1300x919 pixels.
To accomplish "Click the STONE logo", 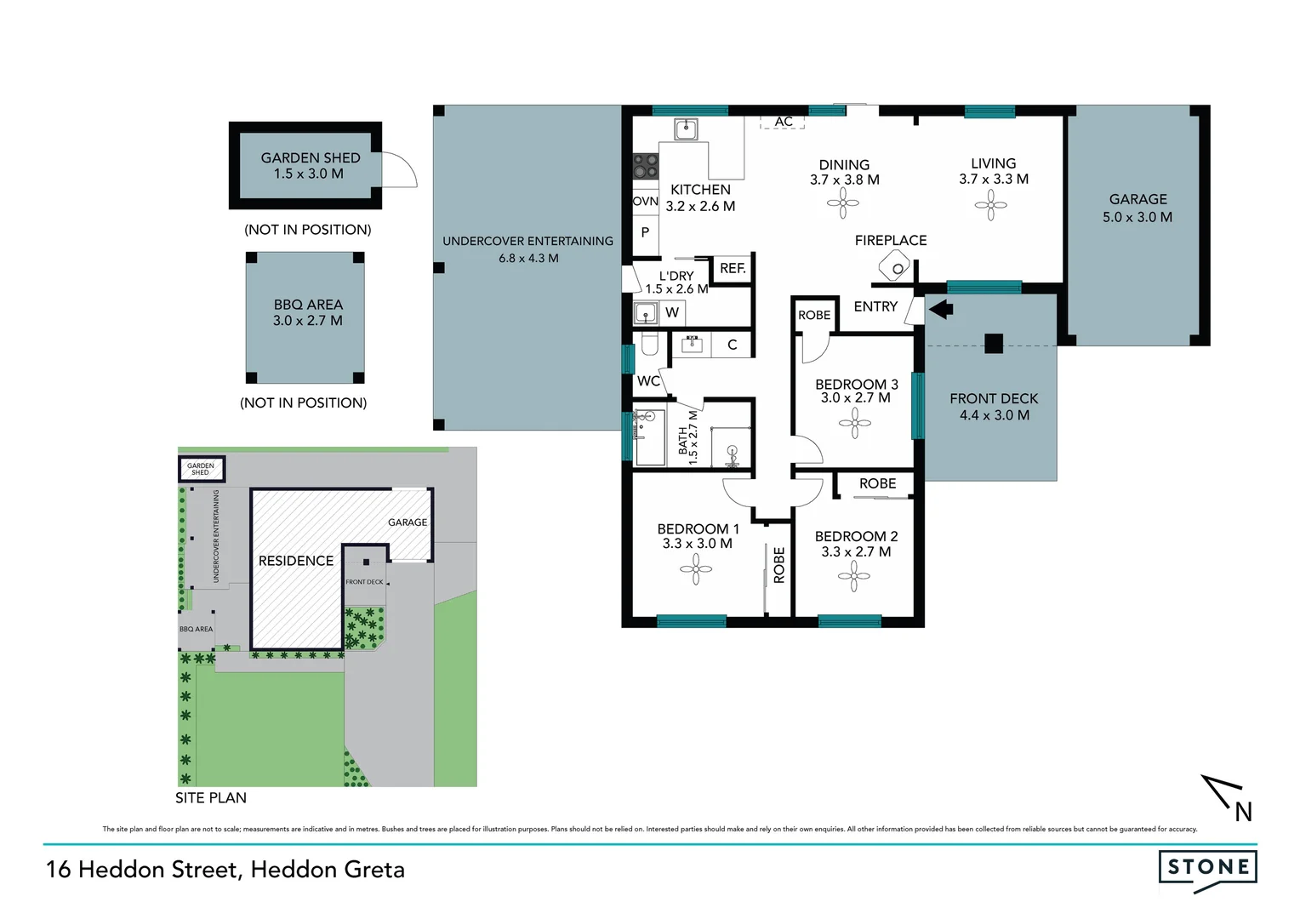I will tap(1207, 868).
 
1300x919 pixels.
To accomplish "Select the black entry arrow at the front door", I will tap(940, 308).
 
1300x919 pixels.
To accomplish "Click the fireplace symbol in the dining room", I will tap(895, 270).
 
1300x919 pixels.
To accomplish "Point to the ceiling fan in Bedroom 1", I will tap(696, 569).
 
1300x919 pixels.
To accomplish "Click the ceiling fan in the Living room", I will tap(991, 204).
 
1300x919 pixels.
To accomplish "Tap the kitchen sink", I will tap(686, 129).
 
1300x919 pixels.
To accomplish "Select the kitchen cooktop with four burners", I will tap(645, 165).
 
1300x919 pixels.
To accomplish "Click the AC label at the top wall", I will tap(784, 122).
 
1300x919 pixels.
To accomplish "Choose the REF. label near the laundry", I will tap(733, 268).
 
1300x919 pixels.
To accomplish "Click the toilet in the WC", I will tap(649, 344).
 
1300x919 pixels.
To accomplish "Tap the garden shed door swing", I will tap(400, 170).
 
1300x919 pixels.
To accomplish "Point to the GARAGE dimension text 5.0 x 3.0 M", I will tap(1137, 217).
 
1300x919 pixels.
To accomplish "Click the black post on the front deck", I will tap(994, 344).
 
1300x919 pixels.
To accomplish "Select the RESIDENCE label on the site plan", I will tap(296, 561).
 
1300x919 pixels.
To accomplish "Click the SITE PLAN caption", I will tap(211, 797).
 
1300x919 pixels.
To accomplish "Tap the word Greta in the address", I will tap(370, 870).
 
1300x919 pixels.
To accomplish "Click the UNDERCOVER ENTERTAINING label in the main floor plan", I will tap(527, 241).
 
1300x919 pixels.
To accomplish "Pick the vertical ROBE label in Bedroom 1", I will tap(779, 565).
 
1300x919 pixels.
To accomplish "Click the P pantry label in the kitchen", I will tap(646, 232).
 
